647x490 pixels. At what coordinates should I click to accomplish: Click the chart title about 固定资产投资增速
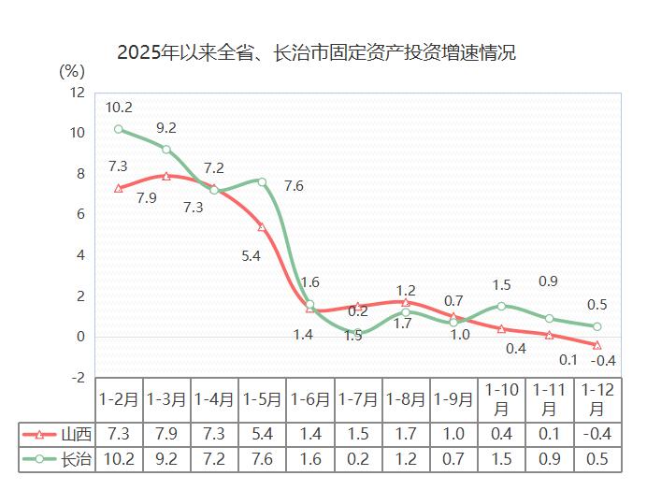(x=316, y=53)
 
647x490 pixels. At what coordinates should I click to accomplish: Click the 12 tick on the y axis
(x=77, y=93)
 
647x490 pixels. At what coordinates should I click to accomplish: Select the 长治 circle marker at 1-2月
(x=119, y=129)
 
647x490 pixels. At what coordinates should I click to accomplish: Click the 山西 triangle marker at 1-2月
(x=119, y=188)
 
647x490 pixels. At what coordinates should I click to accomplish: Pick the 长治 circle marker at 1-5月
(x=262, y=181)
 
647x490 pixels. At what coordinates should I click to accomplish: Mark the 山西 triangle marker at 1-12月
(x=597, y=344)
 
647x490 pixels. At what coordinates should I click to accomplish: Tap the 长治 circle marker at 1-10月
(x=501, y=306)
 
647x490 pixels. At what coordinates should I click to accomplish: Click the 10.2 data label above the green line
(x=119, y=107)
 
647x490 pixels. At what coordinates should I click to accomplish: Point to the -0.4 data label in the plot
(x=604, y=361)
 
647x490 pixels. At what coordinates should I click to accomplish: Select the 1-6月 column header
(x=310, y=399)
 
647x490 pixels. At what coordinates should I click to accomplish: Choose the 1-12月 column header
(x=597, y=399)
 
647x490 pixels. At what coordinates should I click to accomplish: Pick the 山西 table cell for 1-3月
(x=166, y=434)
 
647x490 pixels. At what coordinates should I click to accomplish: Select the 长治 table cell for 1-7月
(x=358, y=458)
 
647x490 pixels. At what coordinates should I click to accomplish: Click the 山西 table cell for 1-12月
(x=597, y=434)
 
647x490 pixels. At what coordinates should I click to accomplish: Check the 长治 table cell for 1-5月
(x=262, y=458)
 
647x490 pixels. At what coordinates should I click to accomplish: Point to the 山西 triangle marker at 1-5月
(x=262, y=227)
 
